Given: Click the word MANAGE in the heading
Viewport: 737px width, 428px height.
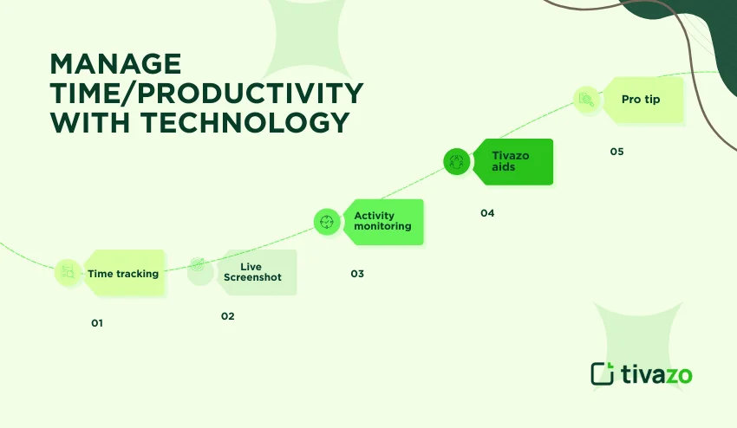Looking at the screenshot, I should [x=115, y=65].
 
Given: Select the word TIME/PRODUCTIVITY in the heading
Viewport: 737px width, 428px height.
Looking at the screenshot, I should [x=206, y=94].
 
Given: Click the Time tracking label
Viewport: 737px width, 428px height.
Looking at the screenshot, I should [x=123, y=274].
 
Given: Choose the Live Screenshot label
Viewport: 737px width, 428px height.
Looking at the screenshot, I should [x=252, y=272].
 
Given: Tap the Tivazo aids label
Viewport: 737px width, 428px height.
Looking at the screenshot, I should [x=510, y=161].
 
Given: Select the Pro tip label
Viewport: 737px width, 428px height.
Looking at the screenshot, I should [x=641, y=100].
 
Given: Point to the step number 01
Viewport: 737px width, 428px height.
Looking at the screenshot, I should [x=97, y=323].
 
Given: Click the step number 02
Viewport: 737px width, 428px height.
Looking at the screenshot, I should [x=227, y=316].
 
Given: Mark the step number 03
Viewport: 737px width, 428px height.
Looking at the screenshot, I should [x=357, y=274].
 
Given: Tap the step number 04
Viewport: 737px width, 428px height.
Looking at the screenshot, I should [x=487, y=213].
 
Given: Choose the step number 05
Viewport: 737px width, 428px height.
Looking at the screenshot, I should [x=616, y=152].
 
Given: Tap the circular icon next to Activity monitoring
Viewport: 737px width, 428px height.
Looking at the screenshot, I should [x=327, y=222].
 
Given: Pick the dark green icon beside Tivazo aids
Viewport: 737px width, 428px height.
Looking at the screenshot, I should [x=457, y=161].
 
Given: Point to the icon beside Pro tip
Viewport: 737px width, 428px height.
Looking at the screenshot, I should [x=587, y=100].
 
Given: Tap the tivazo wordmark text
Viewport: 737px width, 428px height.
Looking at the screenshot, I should [x=656, y=373].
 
